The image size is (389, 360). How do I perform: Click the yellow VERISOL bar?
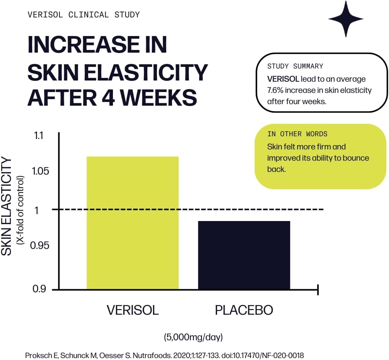coord(132,223)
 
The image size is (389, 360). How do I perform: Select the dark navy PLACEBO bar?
coord(244,255)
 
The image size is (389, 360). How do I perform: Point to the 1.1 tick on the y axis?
coord(39,135)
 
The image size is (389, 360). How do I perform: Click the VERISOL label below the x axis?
coord(133,310)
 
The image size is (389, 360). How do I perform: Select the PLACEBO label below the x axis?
coord(244,310)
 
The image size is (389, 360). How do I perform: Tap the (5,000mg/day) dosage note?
coord(193,337)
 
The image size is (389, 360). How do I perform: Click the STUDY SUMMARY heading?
coord(295,66)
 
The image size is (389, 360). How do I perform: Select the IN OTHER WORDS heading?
coord(297,134)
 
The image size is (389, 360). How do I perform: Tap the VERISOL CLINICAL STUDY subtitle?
coord(84,15)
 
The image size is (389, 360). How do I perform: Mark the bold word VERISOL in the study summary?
coord(283,79)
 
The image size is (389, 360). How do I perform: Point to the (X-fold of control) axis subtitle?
coord(20,210)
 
